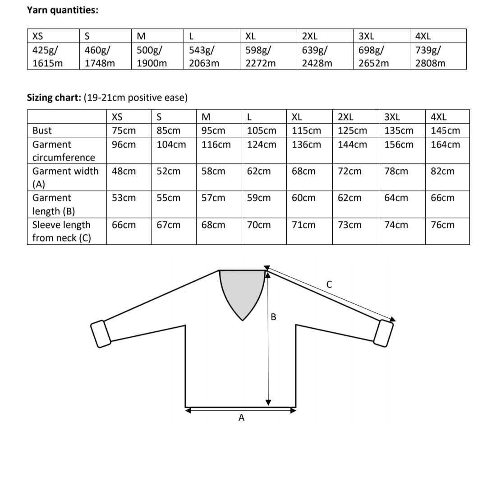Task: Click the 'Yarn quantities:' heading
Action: (x=63, y=10)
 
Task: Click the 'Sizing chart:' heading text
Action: (x=54, y=98)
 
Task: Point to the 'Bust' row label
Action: (x=42, y=130)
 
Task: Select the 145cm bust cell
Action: (x=445, y=130)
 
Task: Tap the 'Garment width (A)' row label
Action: (x=65, y=177)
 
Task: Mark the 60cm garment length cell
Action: (x=303, y=198)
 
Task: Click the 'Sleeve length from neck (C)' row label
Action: (x=61, y=231)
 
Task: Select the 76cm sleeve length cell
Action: (x=442, y=225)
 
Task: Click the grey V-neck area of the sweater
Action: (x=242, y=289)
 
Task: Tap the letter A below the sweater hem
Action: (x=241, y=418)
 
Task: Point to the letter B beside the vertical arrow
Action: (x=273, y=317)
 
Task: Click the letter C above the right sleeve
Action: (x=329, y=284)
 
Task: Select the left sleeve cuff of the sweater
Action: (x=101, y=334)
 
